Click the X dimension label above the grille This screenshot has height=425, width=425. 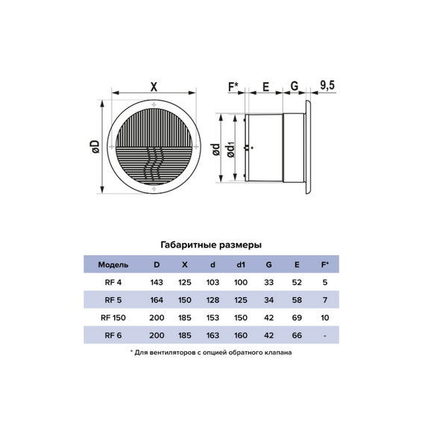154,87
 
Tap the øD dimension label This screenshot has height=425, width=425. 95,147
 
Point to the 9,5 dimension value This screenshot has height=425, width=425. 327,86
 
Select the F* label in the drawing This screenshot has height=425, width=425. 233,86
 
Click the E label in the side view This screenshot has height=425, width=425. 266,86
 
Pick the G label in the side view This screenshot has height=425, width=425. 295,86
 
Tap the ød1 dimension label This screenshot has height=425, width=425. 231,150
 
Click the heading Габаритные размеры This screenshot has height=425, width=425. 211,245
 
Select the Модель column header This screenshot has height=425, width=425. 113,265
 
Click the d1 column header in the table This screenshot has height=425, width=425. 241,265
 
